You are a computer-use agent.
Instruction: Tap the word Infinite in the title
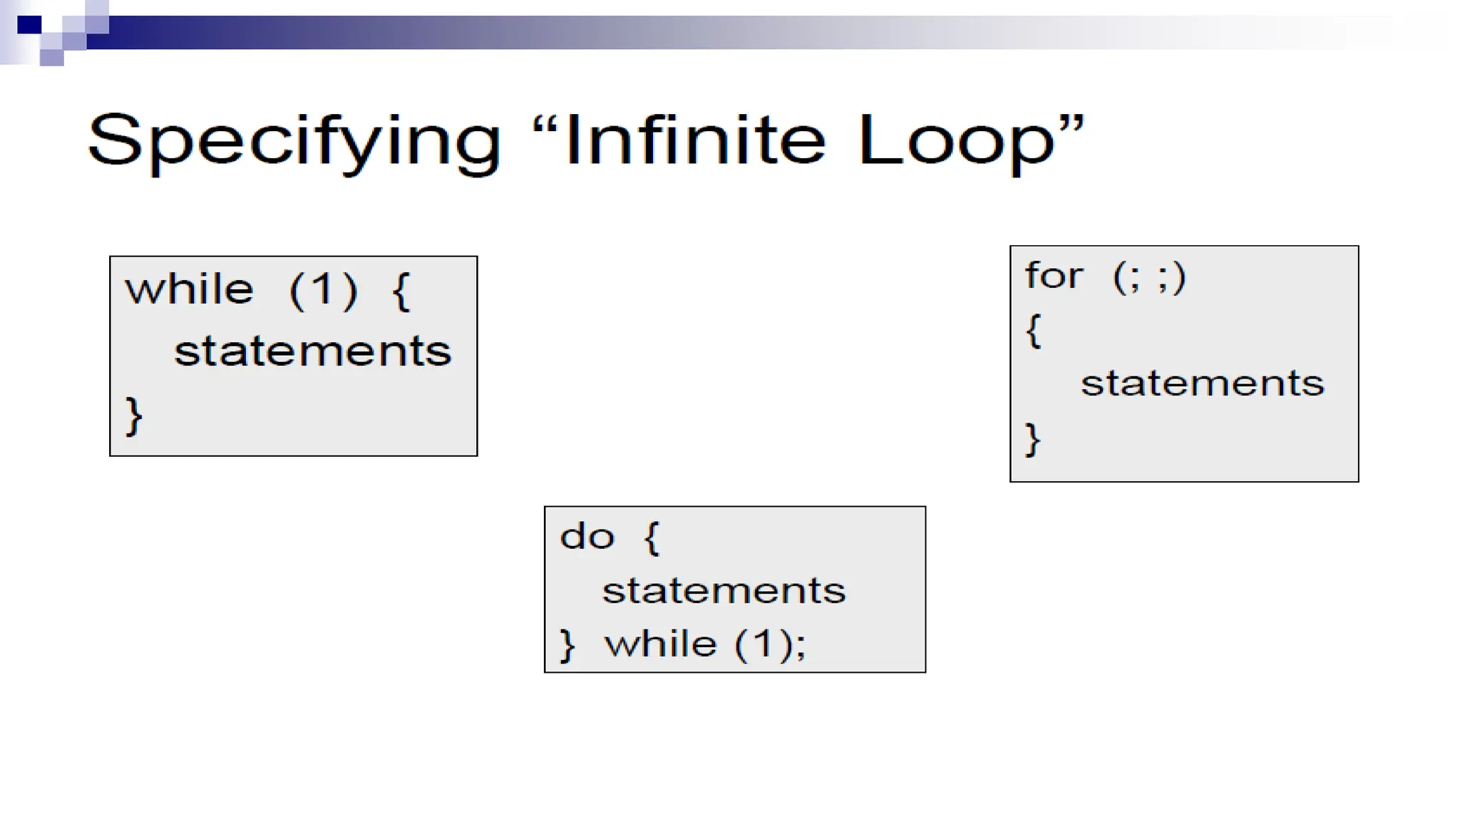[695, 140]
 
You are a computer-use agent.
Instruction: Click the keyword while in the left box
[190, 290]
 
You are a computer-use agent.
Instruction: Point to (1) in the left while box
[323, 290]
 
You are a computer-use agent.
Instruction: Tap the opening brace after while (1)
[402, 291]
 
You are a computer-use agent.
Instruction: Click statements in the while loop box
[312, 352]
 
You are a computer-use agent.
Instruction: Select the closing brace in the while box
[134, 415]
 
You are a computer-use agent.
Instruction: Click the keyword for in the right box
[1054, 276]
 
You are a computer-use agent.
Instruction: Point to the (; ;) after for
[1148, 277]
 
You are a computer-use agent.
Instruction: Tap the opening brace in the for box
[1034, 331]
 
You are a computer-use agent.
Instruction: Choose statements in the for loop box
[1202, 384]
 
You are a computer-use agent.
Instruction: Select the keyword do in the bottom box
[587, 537]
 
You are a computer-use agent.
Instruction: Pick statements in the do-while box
[724, 591]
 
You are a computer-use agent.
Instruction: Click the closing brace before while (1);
[567, 645]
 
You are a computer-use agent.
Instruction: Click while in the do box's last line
[660, 644]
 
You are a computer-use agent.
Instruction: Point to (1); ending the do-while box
[770, 644]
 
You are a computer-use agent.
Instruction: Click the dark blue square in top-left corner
[29, 25]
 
